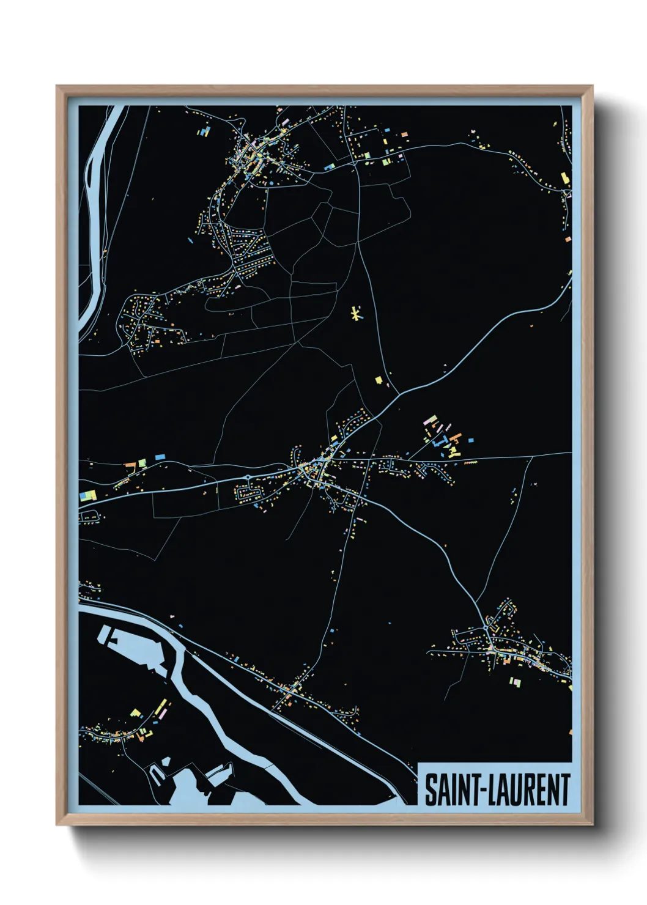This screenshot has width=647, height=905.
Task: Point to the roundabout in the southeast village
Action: [x=486, y=628]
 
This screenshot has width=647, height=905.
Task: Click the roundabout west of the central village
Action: [x=248, y=478]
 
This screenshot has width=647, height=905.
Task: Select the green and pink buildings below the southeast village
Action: [x=516, y=681]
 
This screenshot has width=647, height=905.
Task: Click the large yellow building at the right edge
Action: [x=564, y=178]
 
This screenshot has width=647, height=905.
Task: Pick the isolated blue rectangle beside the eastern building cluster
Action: [x=470, y=440]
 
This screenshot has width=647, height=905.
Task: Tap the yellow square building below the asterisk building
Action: [x=379, y=380]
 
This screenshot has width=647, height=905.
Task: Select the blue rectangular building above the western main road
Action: [x=160, y=457]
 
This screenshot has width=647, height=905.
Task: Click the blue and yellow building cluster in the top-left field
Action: [x=204, y=131]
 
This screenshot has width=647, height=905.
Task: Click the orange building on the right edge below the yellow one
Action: [x=568, y=239]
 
